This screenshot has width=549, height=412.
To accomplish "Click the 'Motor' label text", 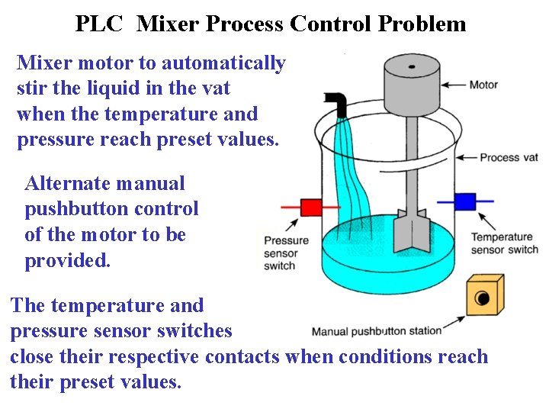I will click(483, 85).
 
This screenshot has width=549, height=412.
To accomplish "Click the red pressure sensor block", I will click(310, 208).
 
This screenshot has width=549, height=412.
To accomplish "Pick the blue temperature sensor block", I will click(464, 202).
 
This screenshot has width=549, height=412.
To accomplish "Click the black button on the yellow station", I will click(481, 298).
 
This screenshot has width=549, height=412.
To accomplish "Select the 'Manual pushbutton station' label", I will click(377, 331).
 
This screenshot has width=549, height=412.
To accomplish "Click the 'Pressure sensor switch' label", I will click(286, 253).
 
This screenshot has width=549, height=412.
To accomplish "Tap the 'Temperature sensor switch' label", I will click(503, 243).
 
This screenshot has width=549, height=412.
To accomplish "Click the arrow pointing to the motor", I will click(454, 85).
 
